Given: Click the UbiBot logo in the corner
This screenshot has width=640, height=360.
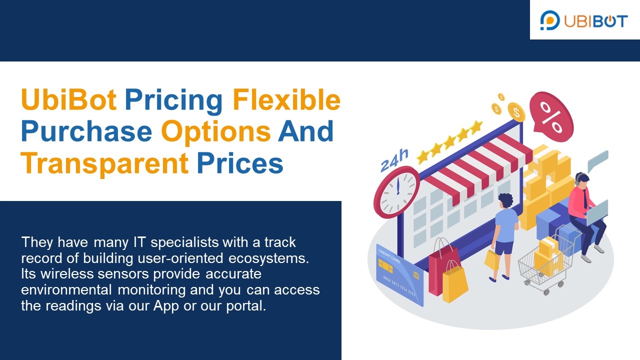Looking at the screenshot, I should coord(584,20).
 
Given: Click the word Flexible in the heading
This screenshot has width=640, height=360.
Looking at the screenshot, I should coord(286,99).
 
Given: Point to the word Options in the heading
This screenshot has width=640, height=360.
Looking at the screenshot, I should coord(216,131).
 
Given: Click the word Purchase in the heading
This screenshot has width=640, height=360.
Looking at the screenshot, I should coord(86,131).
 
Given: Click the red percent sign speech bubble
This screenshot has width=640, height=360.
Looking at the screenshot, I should coord(551,117).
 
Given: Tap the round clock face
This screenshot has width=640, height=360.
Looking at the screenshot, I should coord(398,191).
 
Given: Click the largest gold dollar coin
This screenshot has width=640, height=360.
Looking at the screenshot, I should coord(515,112).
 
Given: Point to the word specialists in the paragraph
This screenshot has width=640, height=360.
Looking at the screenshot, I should coord(185,242).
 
